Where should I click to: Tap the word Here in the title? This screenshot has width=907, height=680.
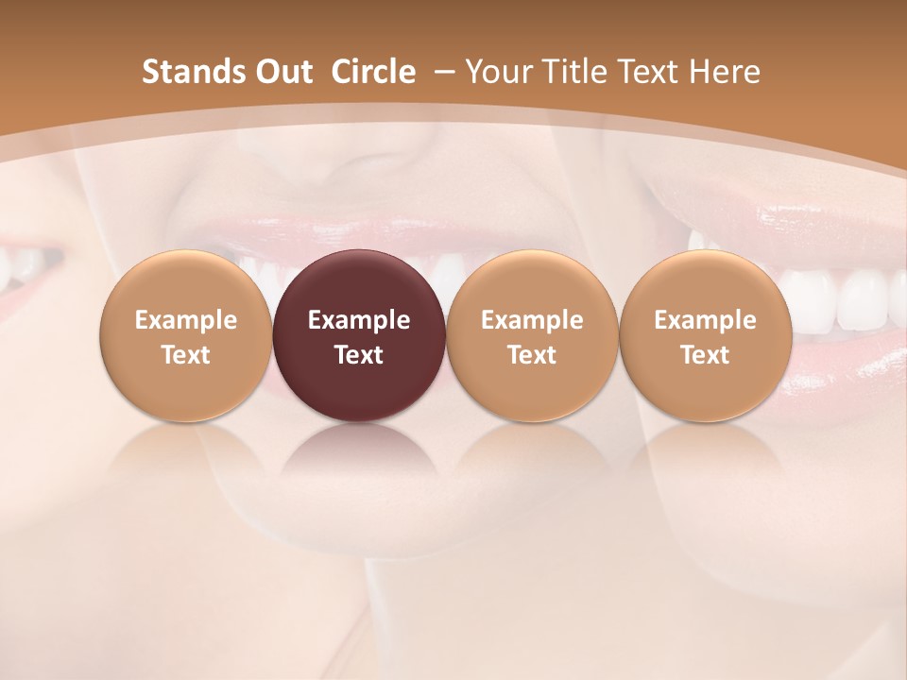pyautogui.click(x=725, y=72)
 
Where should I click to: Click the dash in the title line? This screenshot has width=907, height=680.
pyautogui.click(x=445, y=72)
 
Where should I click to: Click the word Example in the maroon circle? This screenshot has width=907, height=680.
pyautogui.click(x=359, y=320)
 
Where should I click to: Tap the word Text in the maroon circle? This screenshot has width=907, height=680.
pyautogui.click(x=359, y=355)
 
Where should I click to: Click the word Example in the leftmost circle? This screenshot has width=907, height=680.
pyautogui.click(x=186, y=320)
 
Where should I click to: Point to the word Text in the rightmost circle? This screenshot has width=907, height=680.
pyautogui.click(x=705, y=355)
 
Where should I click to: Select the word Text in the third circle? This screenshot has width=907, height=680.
pyautogui.click(x=532, y=355)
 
